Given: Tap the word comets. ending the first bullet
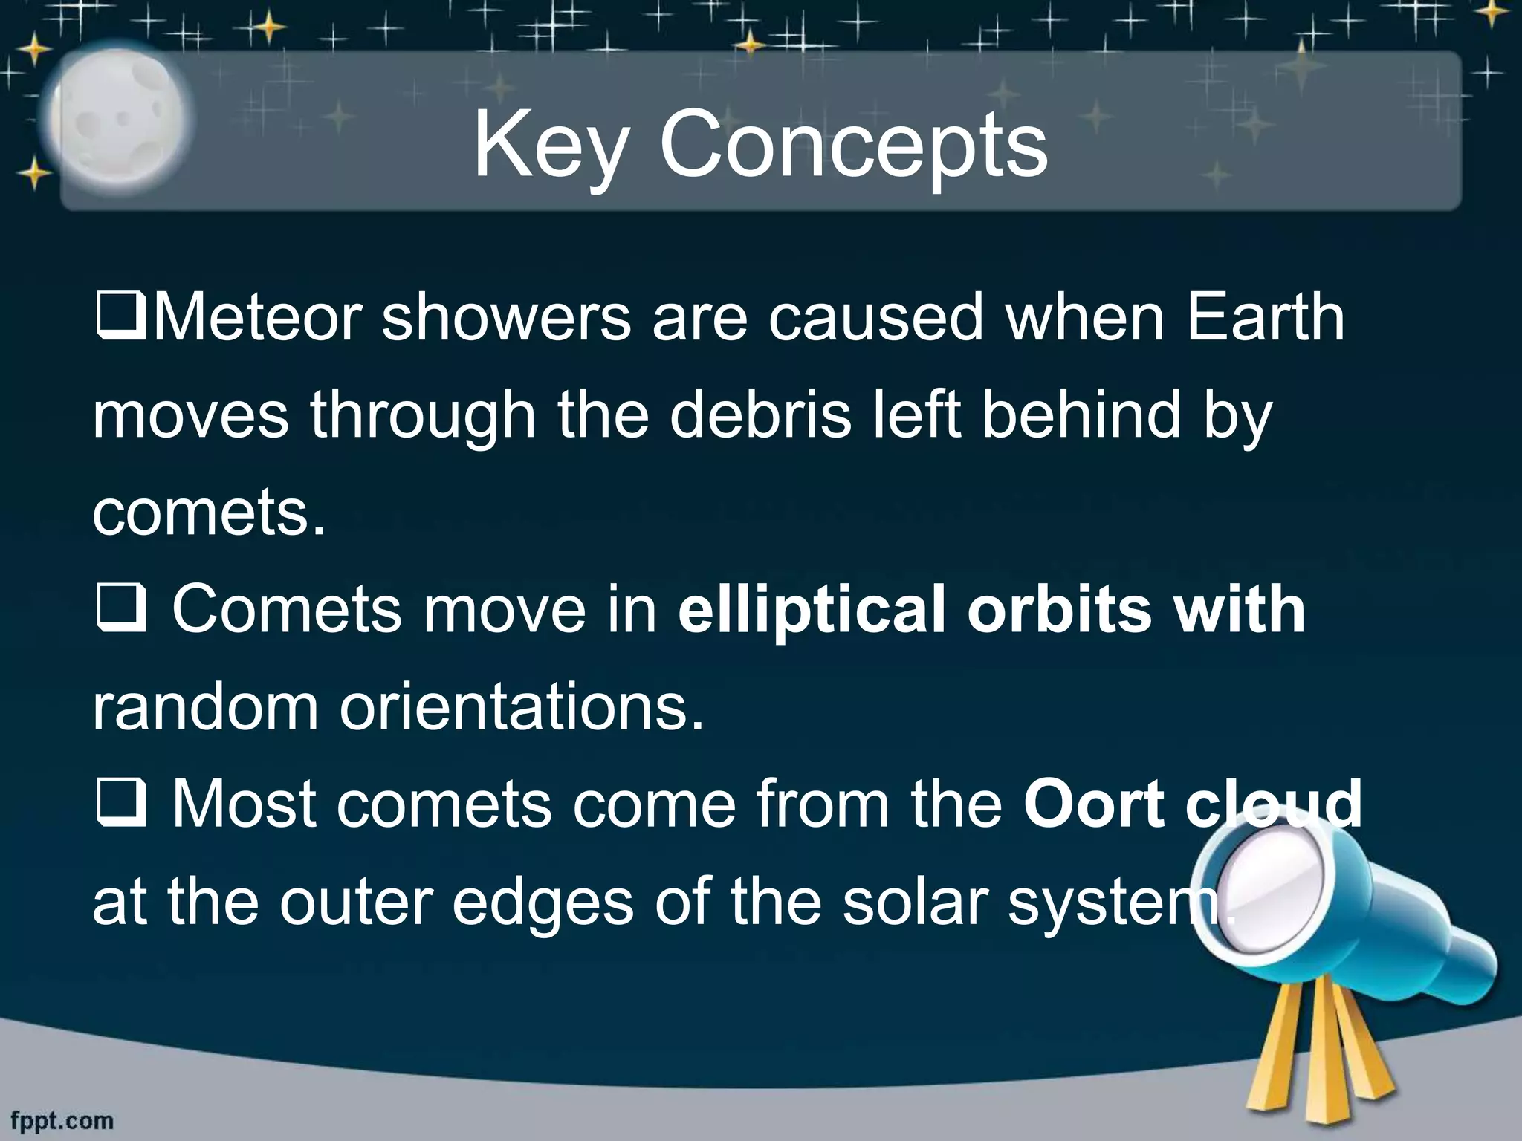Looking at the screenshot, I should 209,514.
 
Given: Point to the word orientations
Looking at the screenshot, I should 521,707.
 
